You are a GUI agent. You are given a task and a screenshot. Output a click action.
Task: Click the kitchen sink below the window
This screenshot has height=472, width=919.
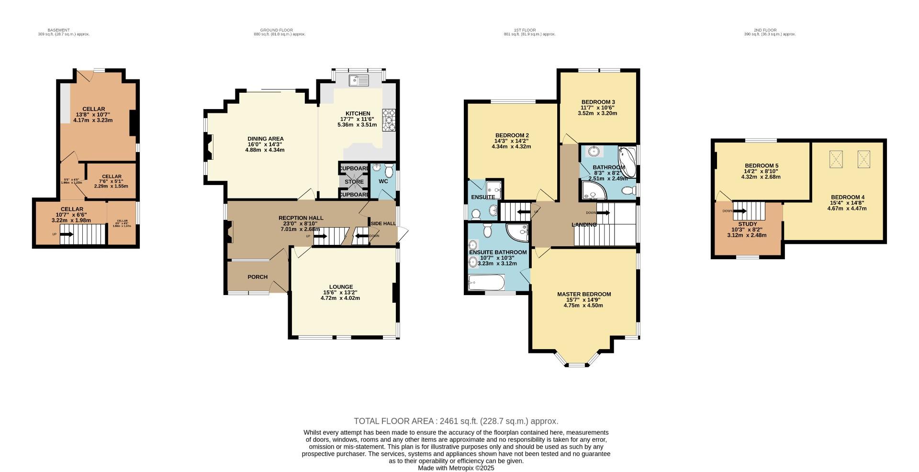pos(359,80)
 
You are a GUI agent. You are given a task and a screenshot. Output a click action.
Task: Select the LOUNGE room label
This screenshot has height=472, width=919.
pos(341,287)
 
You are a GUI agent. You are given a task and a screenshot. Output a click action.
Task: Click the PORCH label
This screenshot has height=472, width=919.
pos(258,277)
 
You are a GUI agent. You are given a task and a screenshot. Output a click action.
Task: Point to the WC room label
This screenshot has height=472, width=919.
pos(383,182)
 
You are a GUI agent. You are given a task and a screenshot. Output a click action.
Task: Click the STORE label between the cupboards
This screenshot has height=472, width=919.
pos(354,182)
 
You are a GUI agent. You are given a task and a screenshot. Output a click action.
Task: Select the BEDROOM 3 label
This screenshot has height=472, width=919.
pos(598,102)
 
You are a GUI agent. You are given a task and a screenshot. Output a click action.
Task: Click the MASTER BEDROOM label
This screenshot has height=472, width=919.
pos(584,294)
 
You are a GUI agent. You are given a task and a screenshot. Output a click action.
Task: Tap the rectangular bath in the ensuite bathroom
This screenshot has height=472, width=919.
pos(486,283)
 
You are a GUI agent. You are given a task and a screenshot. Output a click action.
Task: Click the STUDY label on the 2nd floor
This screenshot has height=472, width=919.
pos(747,224)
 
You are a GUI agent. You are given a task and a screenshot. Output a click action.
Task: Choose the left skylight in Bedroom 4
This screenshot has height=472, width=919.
pos(836,159)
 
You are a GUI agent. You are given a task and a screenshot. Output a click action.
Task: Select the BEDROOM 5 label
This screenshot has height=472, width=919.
pos(761,166)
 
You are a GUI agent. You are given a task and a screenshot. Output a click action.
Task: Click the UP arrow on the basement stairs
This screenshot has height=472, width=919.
pos(66,234)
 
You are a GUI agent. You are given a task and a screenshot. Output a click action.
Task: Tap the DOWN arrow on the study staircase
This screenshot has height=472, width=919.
pos(739,211)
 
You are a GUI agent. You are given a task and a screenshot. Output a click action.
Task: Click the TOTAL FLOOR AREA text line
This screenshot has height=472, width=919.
pos(456,421)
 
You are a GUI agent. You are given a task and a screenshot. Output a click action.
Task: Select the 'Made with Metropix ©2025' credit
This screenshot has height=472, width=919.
pos(456,468)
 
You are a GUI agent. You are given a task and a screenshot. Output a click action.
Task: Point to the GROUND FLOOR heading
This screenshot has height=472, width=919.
pos(280,30)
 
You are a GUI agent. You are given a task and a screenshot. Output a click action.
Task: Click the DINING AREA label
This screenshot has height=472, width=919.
pos(265,139)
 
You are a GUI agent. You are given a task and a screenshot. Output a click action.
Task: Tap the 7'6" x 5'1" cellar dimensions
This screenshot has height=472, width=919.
pos(112,181)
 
